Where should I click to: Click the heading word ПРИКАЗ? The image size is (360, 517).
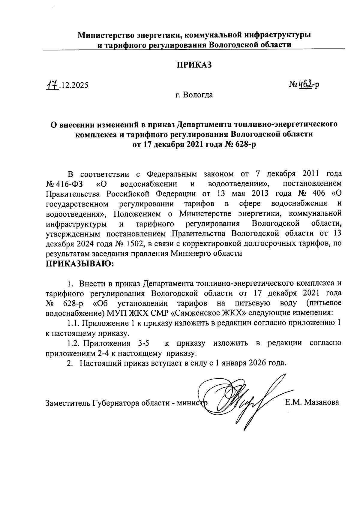194,65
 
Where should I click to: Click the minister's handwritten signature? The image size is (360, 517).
243,399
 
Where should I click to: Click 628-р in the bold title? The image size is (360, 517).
244,144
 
